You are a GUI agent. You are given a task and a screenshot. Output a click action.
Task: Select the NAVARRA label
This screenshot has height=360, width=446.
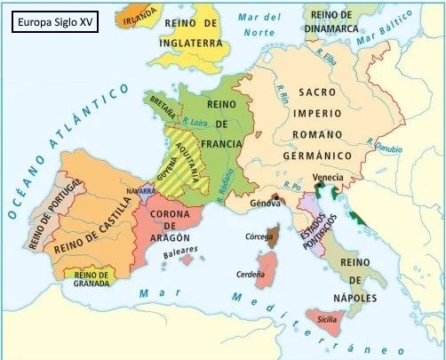[131, 191]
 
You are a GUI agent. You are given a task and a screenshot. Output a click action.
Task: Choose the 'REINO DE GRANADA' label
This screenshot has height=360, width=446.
[92, 280]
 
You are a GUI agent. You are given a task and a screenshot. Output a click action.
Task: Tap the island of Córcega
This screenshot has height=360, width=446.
[272, 237]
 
